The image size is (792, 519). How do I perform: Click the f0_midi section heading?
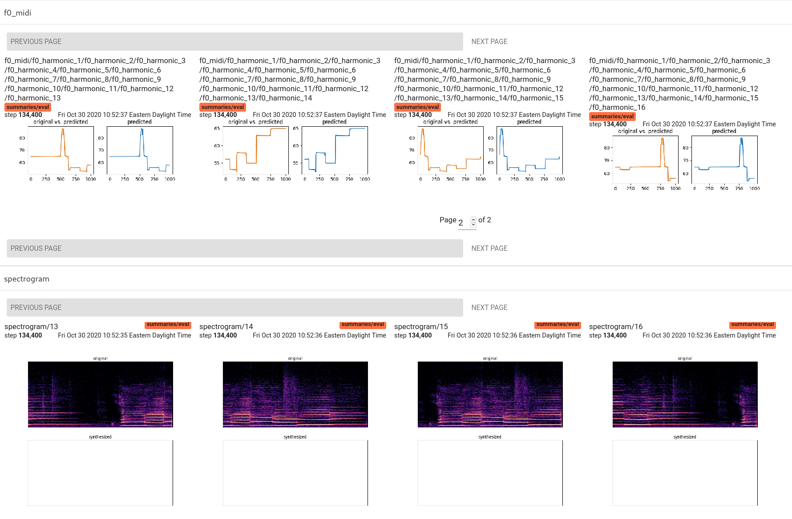click(18, 13)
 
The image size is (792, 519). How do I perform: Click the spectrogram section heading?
click(27, 279)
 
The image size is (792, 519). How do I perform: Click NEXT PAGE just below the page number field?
click(489, 248)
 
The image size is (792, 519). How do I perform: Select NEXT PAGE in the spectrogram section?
click(489, 307)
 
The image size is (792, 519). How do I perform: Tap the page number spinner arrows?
click(473, 222)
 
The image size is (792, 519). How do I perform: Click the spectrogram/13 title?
click(31, 326)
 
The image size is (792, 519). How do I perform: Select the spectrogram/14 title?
click(226, 326)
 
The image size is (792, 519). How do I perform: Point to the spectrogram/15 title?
click(421, 326)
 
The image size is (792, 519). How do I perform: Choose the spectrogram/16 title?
click(616, 326)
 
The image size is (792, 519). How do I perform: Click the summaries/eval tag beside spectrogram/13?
click(168, 325)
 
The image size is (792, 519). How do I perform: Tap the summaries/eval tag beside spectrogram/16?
click(752, 325)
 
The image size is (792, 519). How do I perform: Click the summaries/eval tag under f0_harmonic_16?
click(612, 117)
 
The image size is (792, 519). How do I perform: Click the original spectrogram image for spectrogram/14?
click(295, 394)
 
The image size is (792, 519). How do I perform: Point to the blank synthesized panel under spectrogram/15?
click(490, 473)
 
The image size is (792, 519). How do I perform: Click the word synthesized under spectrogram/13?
click(100, 437)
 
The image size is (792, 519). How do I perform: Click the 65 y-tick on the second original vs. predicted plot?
click(217, 129)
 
